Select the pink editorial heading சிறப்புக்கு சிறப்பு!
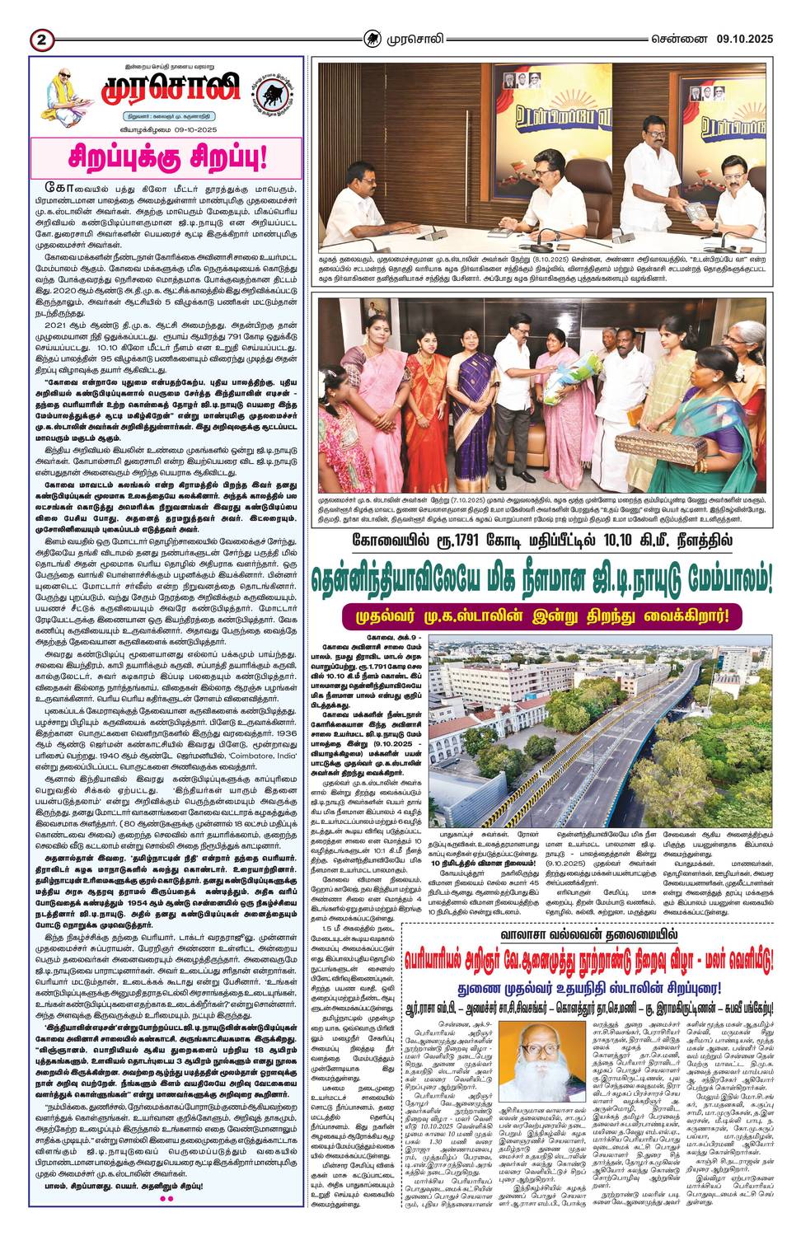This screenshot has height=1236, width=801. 166,157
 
